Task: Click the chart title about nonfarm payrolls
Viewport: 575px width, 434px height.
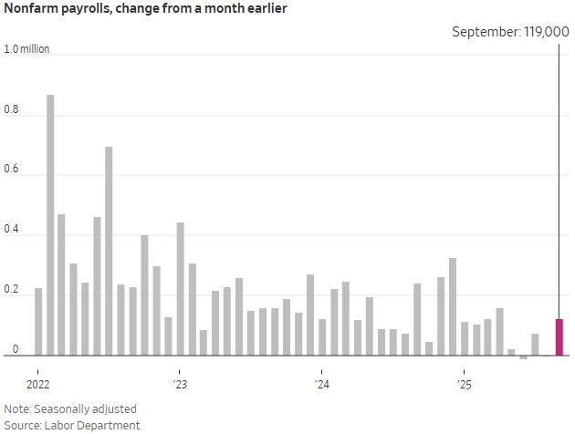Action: click(145, 10)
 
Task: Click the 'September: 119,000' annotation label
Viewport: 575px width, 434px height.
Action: click(511, 31)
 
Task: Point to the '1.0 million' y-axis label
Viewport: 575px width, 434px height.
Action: click(27, 48)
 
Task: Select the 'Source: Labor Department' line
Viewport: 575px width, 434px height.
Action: click(72, 425)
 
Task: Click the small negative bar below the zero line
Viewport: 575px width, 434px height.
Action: click(523, 357)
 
